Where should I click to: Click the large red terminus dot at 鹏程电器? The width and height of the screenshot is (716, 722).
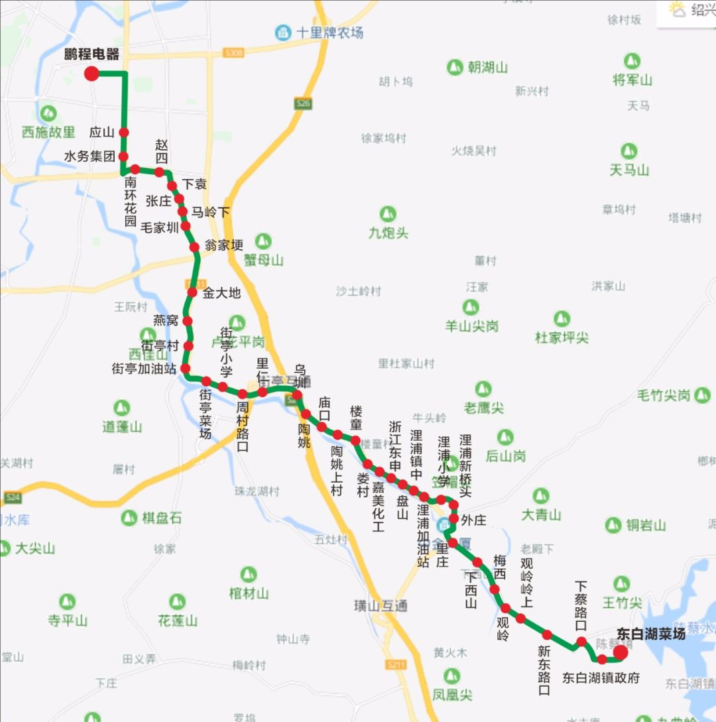click(x=91, y=74)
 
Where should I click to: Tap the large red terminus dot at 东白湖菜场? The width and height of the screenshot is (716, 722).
click(x=621, y=653)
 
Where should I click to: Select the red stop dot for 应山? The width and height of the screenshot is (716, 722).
click(x=123, y=132)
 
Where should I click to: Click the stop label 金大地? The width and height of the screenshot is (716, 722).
click(x=221, y=292)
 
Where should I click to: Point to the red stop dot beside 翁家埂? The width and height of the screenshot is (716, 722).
click(x=194, y=247)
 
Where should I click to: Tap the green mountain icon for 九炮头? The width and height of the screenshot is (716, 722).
click(x=388, y=214)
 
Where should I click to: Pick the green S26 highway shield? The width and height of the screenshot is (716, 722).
click(x=303, y=103)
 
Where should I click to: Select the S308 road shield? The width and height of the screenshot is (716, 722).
click(x=233, y=52)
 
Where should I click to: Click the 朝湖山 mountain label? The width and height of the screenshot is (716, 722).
click(x=487, y=67)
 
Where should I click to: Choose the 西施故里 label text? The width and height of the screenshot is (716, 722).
click(x=48, y=132)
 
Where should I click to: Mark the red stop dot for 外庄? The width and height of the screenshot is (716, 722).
click(x=454, y=518)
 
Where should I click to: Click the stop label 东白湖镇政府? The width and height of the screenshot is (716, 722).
click(x=601, y=678)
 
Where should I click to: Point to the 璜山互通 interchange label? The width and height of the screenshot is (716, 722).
click(x=381, y=605)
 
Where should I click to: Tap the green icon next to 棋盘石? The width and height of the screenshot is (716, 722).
click(x=129, y=518)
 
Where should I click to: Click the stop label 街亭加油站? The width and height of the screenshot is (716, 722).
click(x=144, y=369)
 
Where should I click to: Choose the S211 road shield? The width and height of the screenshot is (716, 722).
click(x=396, y=664)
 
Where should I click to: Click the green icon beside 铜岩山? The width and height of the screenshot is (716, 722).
click(x=613, y=525)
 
